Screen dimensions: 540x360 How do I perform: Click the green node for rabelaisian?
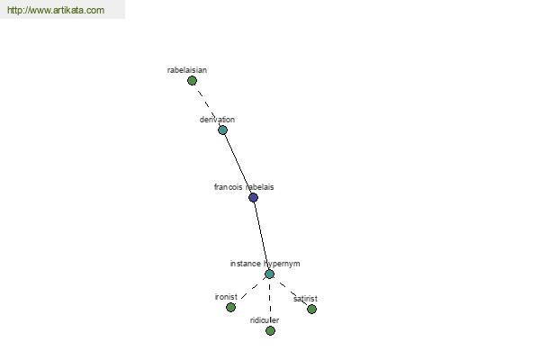[x=193, y=81]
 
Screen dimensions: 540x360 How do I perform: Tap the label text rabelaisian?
[x=187, y=70]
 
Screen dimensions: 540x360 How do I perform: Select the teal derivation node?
[x=223, y=130]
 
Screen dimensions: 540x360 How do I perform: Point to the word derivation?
[x=217, y=120]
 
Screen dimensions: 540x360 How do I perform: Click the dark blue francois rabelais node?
[x=253, y=197]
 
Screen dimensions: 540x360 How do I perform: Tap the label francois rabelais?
[x=244, y=187]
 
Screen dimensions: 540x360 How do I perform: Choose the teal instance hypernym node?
[x=270, y=274]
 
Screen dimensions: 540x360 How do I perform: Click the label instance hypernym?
[x=265, y=264]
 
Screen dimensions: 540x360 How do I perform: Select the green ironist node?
[x=230, y=307]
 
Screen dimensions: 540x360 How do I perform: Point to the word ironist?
[x=226, y=297]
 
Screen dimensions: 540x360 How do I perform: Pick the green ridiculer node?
[x=270, y=330]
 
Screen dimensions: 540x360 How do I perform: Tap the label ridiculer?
[x=265, y=320]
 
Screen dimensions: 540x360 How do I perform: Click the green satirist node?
[x=311, y=309]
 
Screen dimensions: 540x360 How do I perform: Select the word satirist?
[x=305, y=299]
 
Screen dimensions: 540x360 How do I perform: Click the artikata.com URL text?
[x=56, y=10]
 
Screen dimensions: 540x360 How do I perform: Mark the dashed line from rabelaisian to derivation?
[x=207, y=105]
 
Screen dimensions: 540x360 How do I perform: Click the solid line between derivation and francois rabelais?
[x=238, y=164]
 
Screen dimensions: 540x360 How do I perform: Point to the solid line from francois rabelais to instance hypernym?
[x=261, y=236]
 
